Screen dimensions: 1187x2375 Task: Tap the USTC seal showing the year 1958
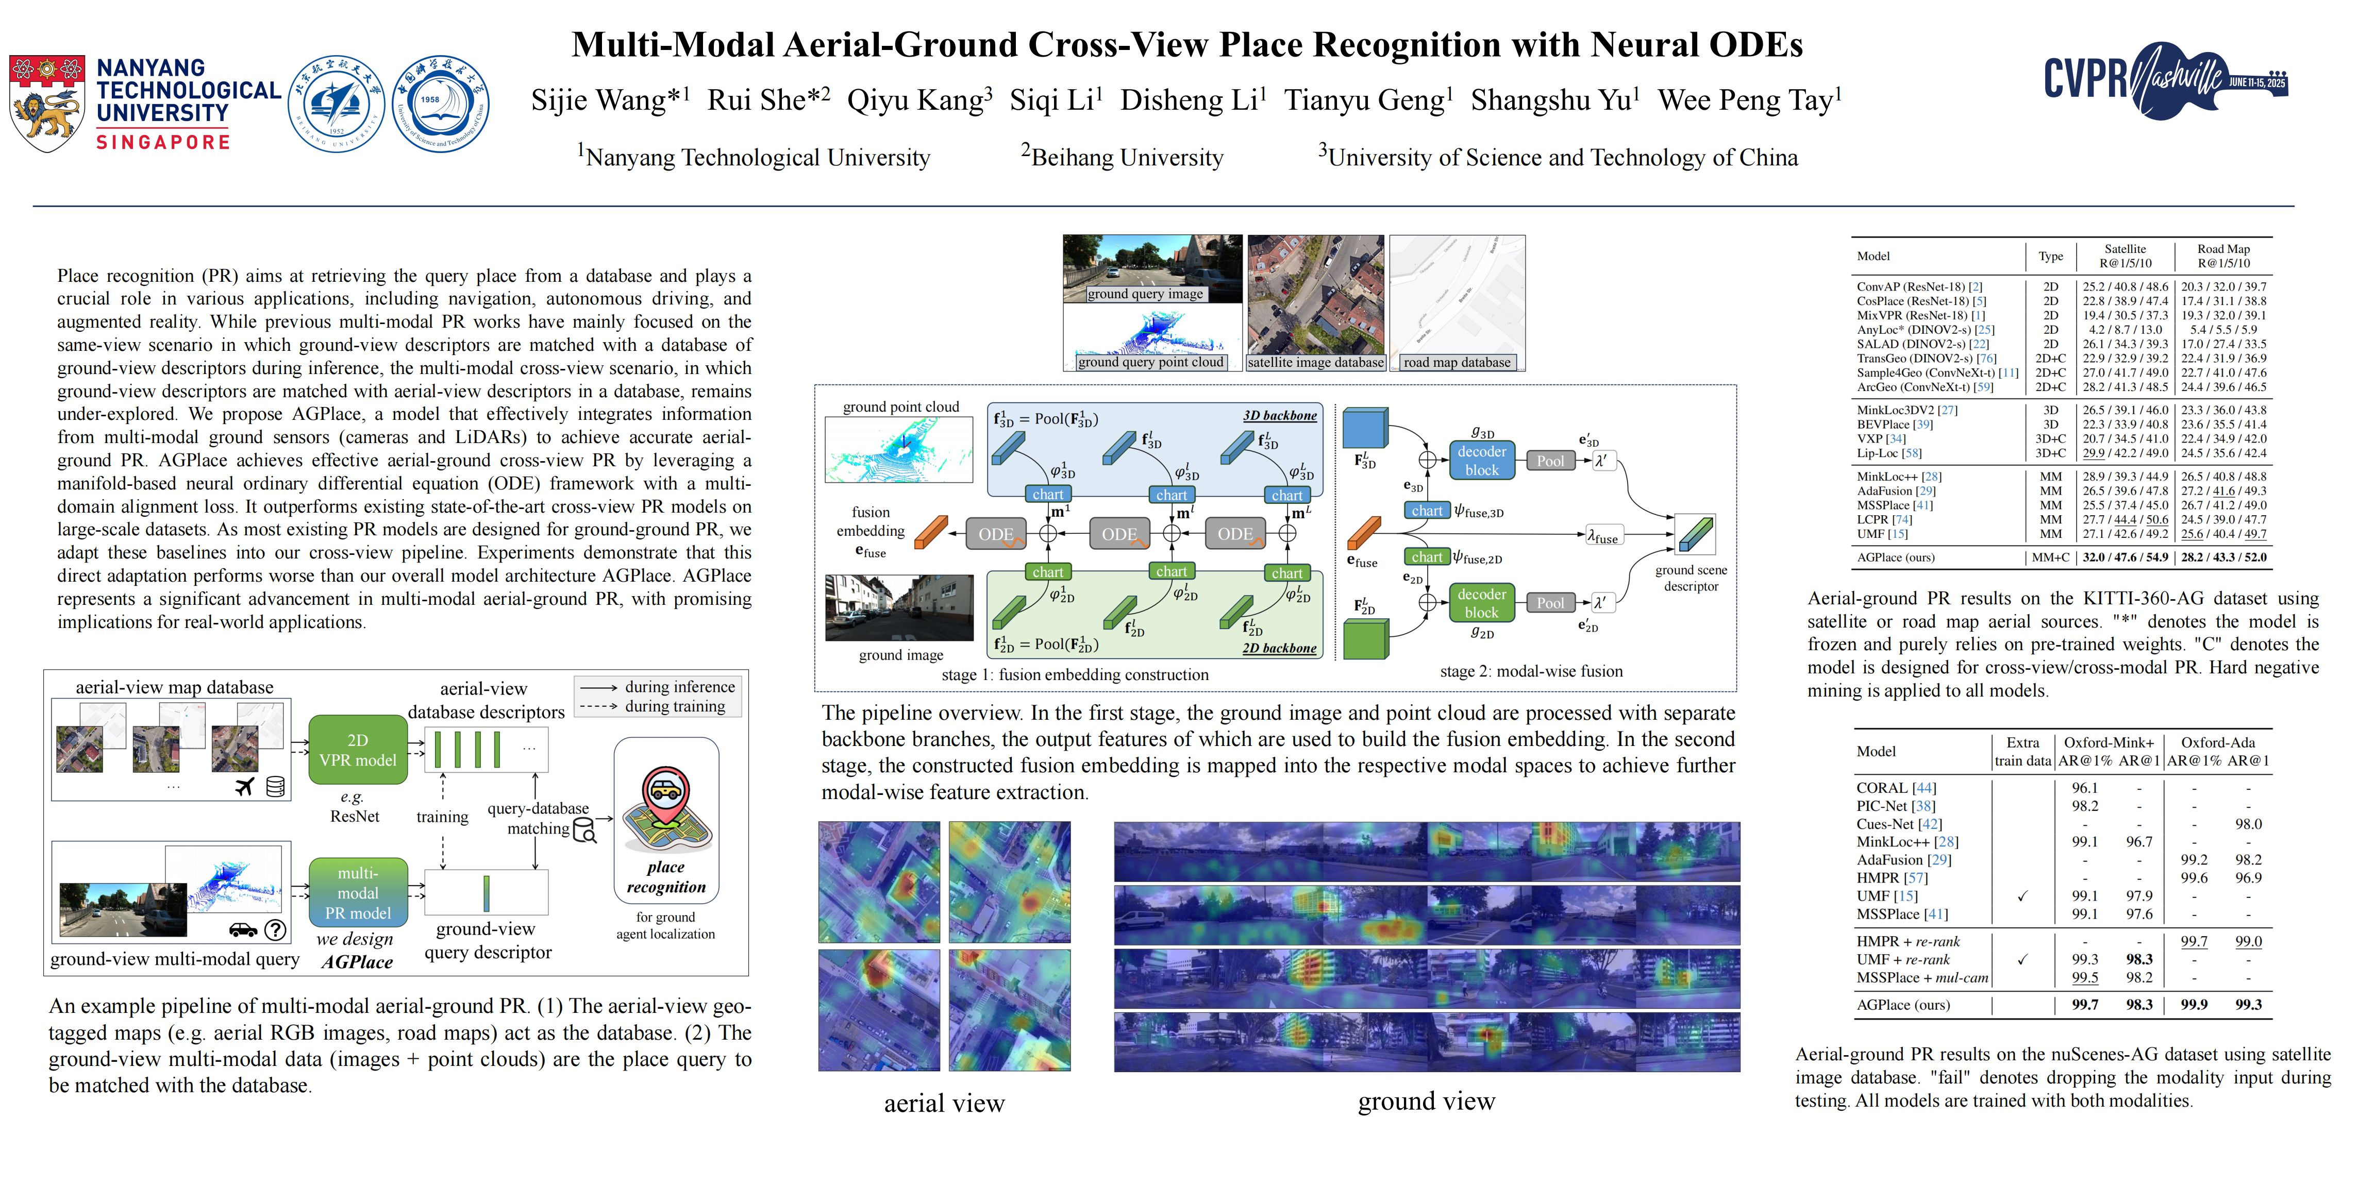click(x=440, y=103)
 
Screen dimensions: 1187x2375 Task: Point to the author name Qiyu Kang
click(x=919, y=99)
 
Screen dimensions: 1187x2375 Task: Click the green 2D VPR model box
click(x=358, y=750)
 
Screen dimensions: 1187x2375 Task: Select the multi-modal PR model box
click(x=358, y=892)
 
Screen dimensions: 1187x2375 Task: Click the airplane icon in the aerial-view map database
click(x=244, y=786)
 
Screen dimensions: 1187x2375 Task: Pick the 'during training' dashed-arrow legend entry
click(x=674, y=707)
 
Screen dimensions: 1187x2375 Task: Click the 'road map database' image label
click(x=1457, y=362)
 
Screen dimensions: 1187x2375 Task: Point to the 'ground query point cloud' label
click(x=1150, y=362)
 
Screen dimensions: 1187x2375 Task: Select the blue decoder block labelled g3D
click(x=1482, y=460)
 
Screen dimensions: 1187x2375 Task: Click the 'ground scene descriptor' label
click(x=1691, y=578)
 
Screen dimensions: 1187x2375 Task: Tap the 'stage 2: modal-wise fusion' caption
click(x=1530, y=672)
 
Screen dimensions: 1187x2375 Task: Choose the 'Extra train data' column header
click(x=2023, y=751)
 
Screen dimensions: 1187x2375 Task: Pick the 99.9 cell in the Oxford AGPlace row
click(x=2194, y=1005)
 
